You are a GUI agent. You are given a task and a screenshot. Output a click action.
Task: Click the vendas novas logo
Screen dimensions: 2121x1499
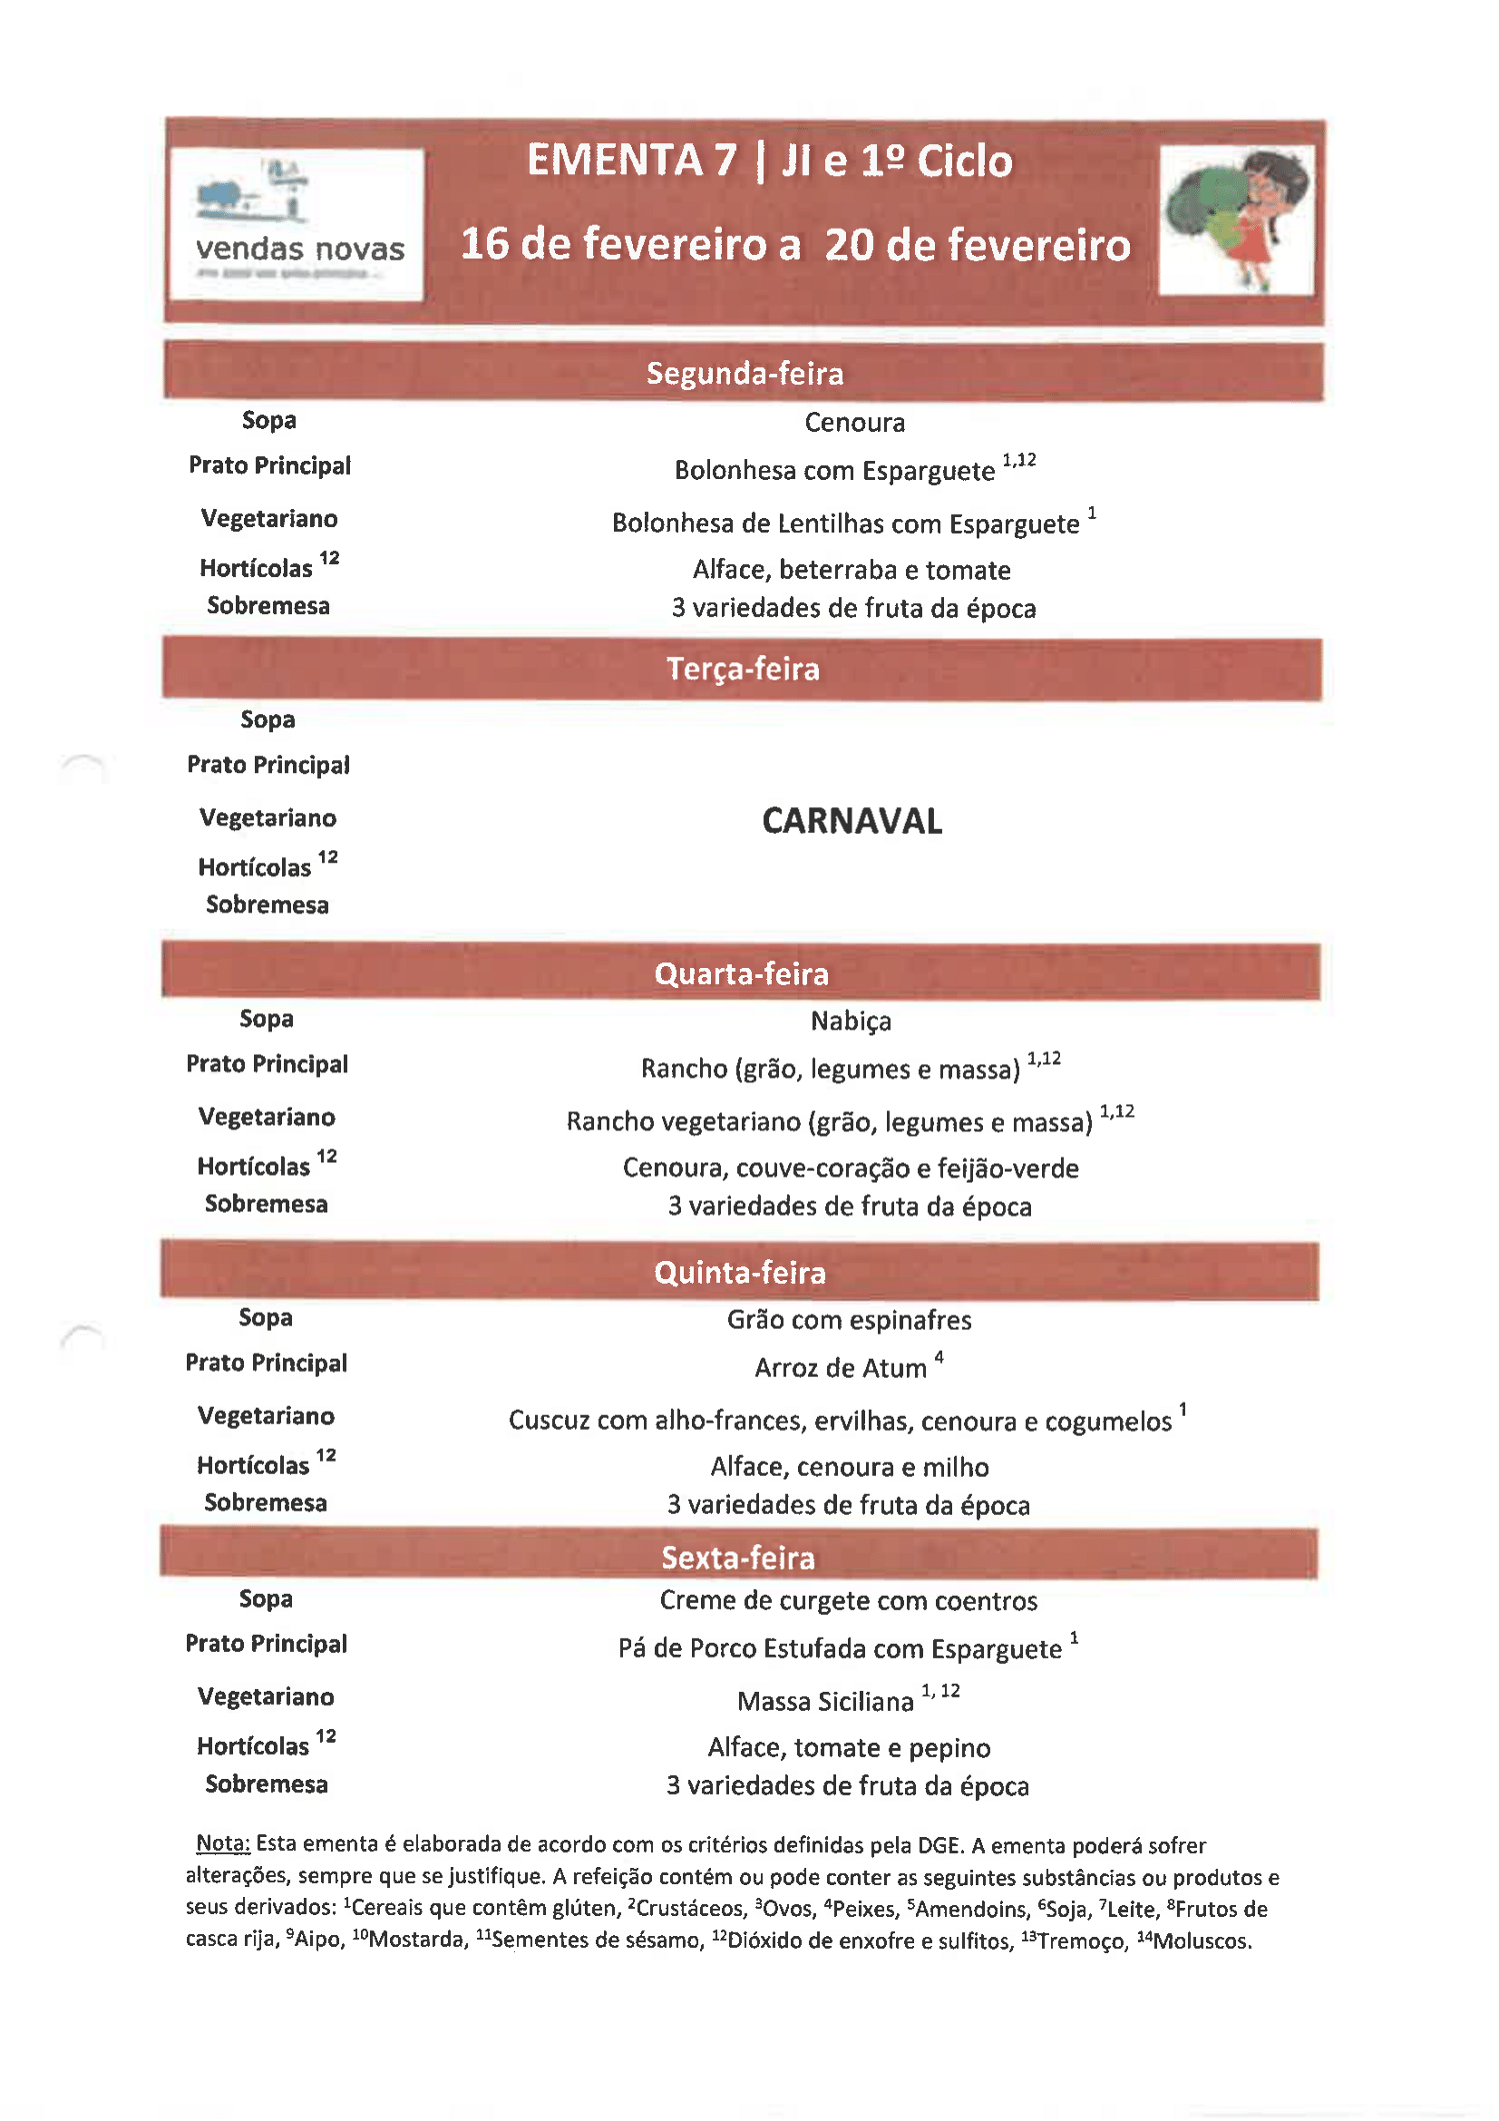pos(297,224)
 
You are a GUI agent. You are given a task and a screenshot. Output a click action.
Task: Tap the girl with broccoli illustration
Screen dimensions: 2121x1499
pos(1237,220)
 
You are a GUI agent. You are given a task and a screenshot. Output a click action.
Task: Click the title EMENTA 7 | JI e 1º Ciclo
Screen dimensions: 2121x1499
pos(769,161)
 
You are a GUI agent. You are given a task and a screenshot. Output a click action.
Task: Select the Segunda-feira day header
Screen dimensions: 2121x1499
pos(745,373)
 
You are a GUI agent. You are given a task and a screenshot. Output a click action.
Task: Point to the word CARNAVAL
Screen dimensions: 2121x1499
pos(852,821)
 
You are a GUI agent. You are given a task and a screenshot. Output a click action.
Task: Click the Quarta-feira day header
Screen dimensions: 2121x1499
pos(742,973)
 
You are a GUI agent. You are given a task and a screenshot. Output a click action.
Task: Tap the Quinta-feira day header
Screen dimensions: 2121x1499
pos(740,1273)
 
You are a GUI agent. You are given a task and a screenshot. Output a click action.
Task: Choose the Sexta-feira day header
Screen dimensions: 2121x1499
pos(738,1558)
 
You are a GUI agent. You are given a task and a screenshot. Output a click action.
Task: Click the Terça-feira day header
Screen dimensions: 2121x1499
pos(743,669)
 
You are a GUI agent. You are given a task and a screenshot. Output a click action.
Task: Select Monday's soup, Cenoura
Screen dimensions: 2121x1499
pos(854,423)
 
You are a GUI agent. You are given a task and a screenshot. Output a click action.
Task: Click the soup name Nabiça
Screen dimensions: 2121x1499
pos(851,1021)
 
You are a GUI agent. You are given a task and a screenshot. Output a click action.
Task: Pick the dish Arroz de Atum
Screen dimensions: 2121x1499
pos(841,1368)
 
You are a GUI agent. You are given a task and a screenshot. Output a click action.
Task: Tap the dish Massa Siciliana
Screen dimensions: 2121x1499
pos(825,1701)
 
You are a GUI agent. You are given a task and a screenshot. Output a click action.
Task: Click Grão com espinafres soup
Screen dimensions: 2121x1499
pos(849,1320)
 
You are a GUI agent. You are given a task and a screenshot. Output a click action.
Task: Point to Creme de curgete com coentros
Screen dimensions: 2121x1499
pos(848,1601)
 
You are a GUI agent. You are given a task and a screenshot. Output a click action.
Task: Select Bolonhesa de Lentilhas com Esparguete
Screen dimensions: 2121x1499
pos(845,523)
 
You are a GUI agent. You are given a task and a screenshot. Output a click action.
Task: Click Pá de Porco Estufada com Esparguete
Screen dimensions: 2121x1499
pos(840,1649)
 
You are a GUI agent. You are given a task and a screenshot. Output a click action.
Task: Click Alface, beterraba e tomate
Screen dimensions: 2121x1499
pos(852,570)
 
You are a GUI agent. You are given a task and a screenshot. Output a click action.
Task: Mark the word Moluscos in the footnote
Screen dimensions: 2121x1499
pos(1202,1940)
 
